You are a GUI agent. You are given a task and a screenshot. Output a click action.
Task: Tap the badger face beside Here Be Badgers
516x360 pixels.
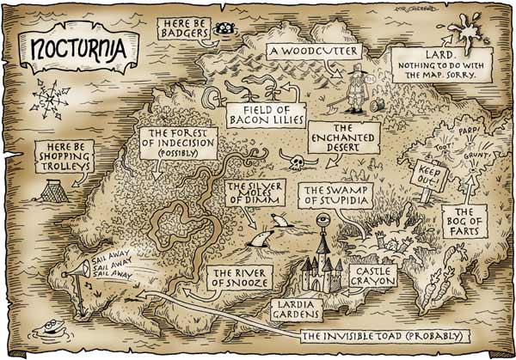coord(227,28)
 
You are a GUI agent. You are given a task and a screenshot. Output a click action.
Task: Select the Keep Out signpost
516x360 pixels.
coord(427,176)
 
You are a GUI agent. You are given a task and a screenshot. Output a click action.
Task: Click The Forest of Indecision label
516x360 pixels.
coord(180,146)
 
